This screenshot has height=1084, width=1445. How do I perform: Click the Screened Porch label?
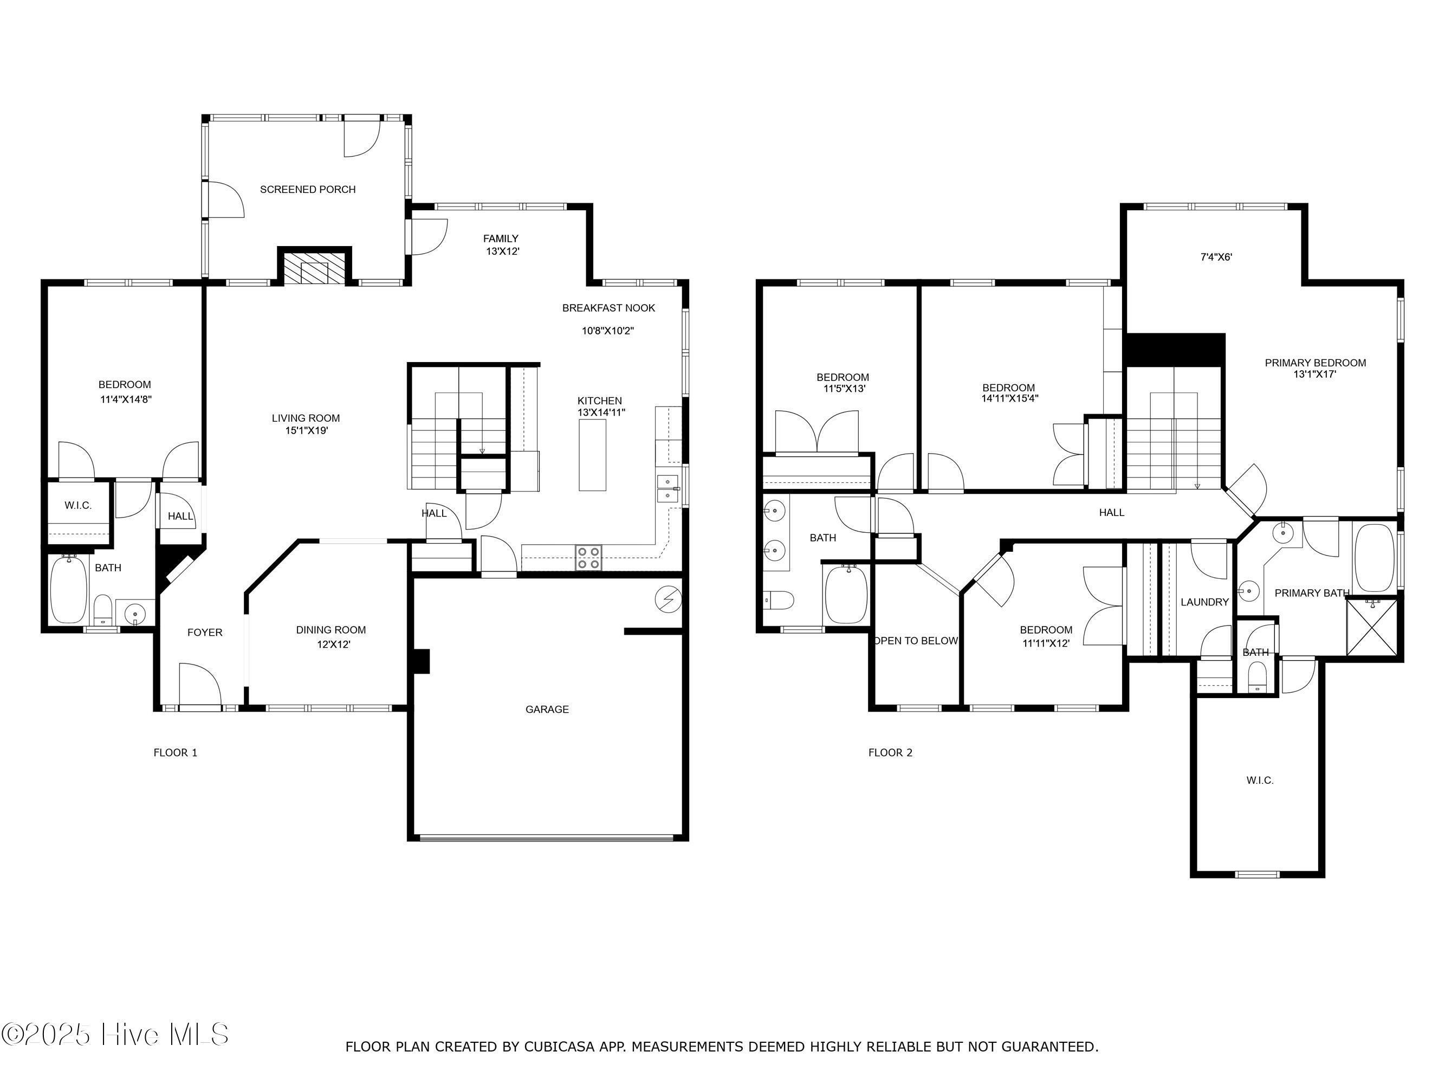click(308, 190)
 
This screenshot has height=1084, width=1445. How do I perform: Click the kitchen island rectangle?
click(593, 455)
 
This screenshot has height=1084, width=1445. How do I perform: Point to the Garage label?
click(547, 709)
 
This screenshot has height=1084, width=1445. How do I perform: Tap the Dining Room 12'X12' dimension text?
click(333, 644)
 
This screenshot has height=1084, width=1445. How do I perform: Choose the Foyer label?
click(205, 633)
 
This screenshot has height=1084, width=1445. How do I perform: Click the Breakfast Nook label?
click(609, 308)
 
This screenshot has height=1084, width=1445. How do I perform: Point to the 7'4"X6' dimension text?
click(1216, 257)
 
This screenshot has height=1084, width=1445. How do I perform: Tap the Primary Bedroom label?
click(1316, 363)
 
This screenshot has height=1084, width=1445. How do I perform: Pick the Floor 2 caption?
click(890, 753)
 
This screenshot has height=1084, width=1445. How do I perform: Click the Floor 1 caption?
click(175, 753)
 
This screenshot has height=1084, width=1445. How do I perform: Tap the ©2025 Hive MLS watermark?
click(115, 1034)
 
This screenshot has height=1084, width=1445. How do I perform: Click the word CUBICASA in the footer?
click(559, 1047)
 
